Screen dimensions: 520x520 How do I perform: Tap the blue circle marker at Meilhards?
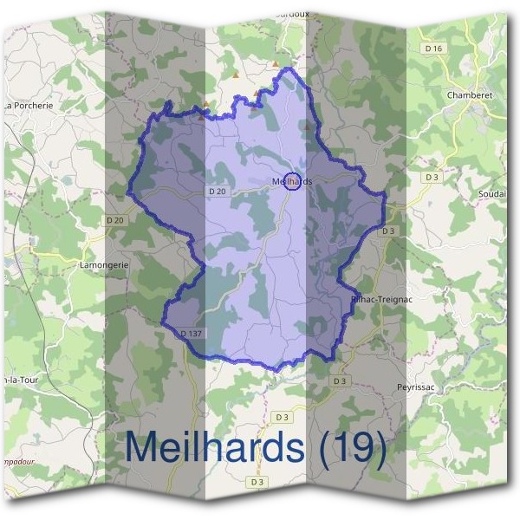pyautogui.click(x=293, y=181)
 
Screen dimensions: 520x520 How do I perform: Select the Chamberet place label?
pyautogui.click(x=470, y=94)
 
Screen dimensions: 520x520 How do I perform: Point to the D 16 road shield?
pyautogui.click(x=435, y=49)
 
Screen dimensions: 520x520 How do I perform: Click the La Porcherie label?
pyautogui.click(x=28, y=106)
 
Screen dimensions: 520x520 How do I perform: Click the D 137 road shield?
pyautogui.click(x=192, y=333)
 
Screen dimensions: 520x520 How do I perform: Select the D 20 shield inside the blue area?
pyautogui.click(x=218, y=191)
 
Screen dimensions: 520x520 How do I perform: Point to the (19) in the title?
pyautogui.click(x=351, y=447)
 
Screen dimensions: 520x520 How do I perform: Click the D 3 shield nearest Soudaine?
pyautogui.click(x=431, y=177)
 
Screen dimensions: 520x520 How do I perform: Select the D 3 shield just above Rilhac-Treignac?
pyautogui.click(x=387, y=231)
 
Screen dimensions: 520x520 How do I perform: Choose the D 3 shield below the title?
pyautogui.click(x=257, y=481)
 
